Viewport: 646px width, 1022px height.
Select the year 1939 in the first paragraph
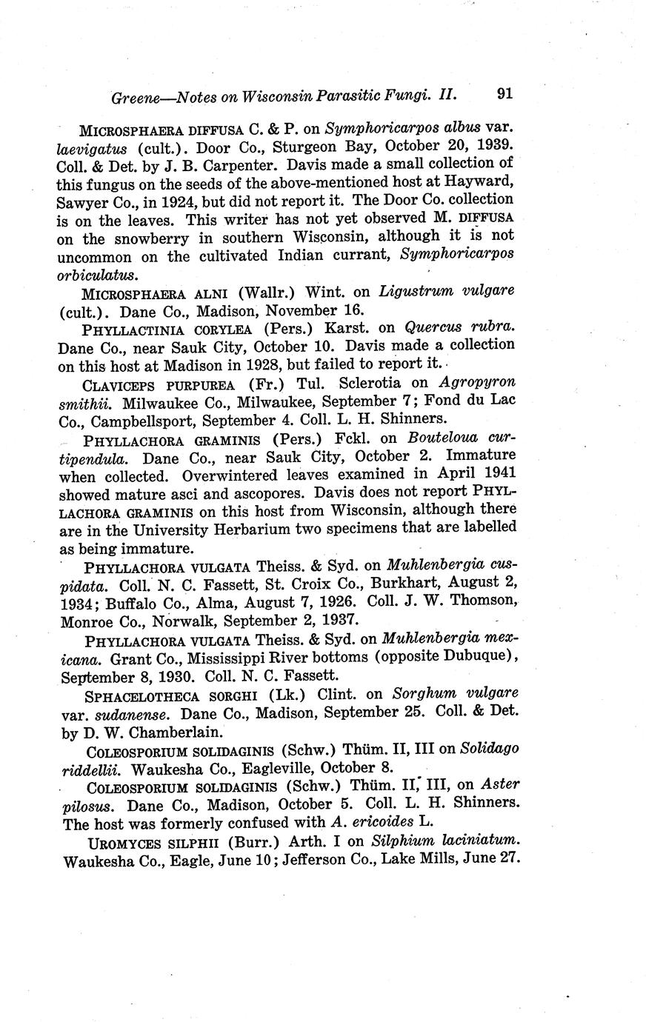pyautogui.click(x=495, y=144)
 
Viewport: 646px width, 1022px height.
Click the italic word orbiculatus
pyautogui.click(x=96, y=275)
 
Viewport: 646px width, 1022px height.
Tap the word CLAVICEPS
pyautogui.click(x=119, y=384)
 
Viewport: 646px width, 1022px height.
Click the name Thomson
pyautogui.click(x=478, y=601)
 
